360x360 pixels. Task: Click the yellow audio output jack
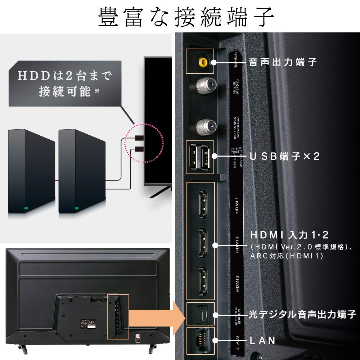[201, 62]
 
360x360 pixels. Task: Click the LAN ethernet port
[201, 340]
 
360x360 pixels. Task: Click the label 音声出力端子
[283, 62]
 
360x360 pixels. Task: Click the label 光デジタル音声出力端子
[302, 314]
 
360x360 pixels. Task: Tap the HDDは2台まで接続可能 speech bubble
[65, 84]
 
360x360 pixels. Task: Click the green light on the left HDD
[26, 208]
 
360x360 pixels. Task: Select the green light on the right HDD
[76, 208]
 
